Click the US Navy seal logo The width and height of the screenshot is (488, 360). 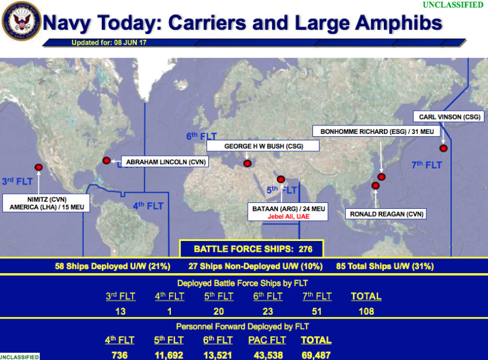(x=21, y=21)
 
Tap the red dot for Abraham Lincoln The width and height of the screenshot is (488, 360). (x=107, y=161)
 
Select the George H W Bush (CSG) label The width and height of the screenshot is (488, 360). (x=263, y=146)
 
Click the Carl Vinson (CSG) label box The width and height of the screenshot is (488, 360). (x=449, y=117)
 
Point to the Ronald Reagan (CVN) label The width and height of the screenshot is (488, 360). (x=386, y=214)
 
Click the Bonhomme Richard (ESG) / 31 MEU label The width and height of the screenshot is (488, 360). (x=377, y=132)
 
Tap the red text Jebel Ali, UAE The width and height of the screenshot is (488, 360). (x=288, y=217)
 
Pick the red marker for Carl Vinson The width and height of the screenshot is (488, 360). (x=443, y=148)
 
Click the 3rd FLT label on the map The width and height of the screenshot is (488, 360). (x=17, y=181)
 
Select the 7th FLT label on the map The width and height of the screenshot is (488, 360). (x=427, y=165)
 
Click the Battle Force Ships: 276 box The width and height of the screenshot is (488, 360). (x=252, y=249)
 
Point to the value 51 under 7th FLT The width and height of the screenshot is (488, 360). (x=317, y=311)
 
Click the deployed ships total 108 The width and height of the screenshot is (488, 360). (x=366, y=311)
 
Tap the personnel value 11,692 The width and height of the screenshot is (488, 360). (x=168, y=355)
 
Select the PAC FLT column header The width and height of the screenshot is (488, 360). (x=267, y=340)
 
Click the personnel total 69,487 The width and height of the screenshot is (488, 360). (x=316, y=355)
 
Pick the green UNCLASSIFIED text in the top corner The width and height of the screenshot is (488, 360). (x=453, y=5)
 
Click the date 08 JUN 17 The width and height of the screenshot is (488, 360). (x=130, y=43)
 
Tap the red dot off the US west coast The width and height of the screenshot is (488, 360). (x=39, y=167)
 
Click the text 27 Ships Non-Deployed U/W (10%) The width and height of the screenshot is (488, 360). (x=255, y=267)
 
